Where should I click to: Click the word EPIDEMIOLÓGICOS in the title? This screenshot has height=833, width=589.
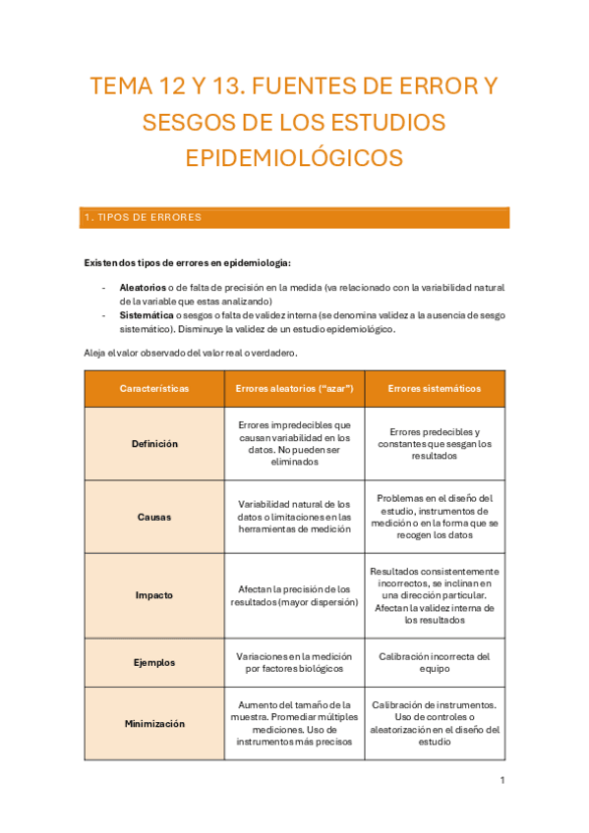pos(294,158)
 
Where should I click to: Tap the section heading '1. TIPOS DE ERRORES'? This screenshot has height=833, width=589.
pos(144,218)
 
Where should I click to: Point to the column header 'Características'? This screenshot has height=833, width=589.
pos(154,389)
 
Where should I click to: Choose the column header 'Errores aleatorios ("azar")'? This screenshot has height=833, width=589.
pos(295,389)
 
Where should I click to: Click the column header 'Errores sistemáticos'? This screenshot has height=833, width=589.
pos(435,389)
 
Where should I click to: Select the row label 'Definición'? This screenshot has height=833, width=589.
pos(154,444)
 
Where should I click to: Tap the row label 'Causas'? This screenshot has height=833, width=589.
pos(154,517)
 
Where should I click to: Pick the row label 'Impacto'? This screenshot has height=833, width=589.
pos(154,595)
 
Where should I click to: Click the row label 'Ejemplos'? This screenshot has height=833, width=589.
pos(154,663)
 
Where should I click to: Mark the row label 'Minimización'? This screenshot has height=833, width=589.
pos(154,724)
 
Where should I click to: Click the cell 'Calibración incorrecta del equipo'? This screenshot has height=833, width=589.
pos(435,663)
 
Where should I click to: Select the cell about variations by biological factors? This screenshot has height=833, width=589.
pos(295,663)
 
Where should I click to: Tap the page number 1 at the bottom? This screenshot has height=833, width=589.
pos(501,781)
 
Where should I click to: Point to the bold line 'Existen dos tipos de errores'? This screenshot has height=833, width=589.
pos(187,262)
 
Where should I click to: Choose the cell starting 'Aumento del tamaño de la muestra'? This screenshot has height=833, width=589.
pos(295,724)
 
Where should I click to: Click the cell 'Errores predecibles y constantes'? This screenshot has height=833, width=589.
pos(435,444)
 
